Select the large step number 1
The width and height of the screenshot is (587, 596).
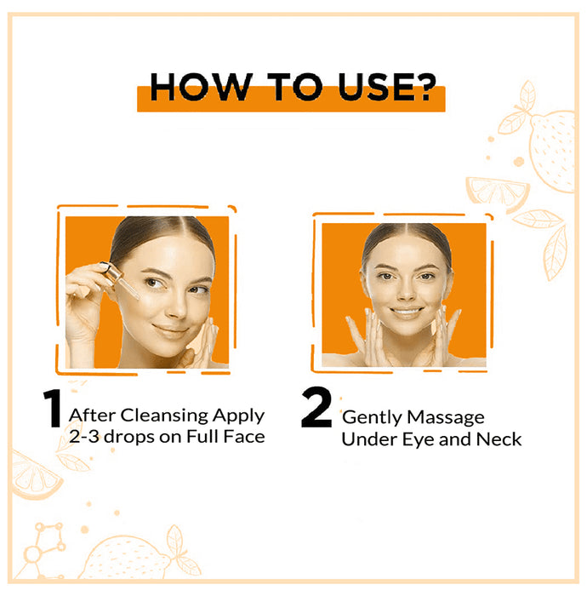coord(53,410)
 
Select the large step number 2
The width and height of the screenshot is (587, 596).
coord(316,410)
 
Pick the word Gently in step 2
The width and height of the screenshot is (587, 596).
coord(370,418)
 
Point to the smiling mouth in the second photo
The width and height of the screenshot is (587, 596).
coord(406,312)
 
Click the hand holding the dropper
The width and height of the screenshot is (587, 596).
coord(85,307)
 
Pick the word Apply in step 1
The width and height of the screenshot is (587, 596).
coord(240,416)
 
